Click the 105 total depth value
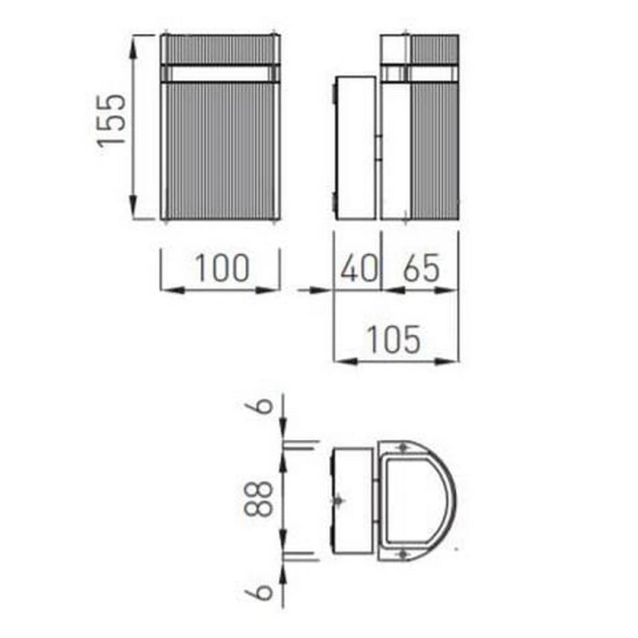[394, 339]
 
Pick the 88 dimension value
[259, 499]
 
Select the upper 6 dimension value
[265, 406]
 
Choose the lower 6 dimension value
[265, 592]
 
